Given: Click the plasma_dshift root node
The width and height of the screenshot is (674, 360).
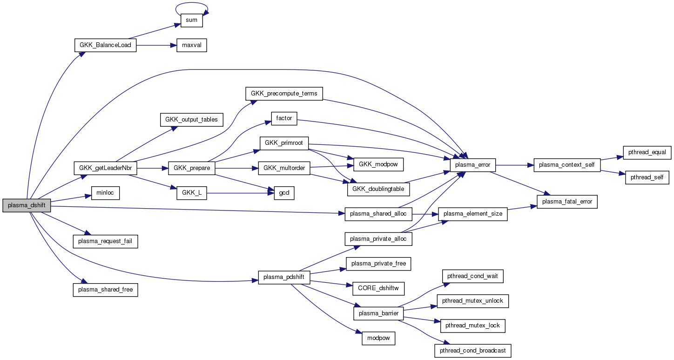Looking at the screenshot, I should pos(27,205).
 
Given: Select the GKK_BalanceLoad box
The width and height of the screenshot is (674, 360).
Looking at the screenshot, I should pos(105,45).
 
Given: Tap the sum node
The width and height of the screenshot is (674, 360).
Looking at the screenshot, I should pos(192,20).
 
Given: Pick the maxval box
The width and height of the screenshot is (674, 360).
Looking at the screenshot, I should pos(191,45).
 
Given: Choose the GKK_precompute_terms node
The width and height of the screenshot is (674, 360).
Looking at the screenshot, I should pos(284,93).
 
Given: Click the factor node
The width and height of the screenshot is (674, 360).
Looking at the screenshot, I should pos(284,118).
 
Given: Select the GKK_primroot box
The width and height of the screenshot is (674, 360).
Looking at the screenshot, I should pos(284,143).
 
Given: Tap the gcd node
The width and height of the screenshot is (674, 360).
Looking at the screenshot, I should pos(284,193).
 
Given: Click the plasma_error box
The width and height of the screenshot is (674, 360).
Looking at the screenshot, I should pos(473,165).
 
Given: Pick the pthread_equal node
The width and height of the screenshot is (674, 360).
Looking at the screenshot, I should pos(647,152).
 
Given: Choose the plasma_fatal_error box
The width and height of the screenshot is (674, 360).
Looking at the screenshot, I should pos(567,201).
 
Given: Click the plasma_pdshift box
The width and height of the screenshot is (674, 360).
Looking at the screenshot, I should pos(284,277).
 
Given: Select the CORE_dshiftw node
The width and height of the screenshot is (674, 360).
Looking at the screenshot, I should pos(378,288).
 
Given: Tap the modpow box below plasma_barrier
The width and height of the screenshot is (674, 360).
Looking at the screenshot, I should pos(378,339).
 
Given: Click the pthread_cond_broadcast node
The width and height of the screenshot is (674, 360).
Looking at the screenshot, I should pos(473,350).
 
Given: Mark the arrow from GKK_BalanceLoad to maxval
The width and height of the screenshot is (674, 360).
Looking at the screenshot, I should pos(156,45).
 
